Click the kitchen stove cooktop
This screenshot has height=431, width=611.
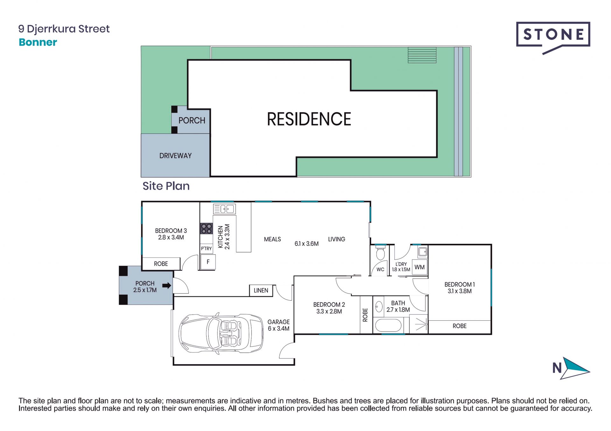(x=206, y=229)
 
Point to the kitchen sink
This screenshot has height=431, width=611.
(x=224, y=209)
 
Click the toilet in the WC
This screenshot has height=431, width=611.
(x=380, y=253)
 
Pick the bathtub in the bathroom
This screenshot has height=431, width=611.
(x=388, y=325)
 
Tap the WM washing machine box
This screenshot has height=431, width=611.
(x=419, y=267)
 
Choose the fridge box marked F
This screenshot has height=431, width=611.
(x=208, y=262)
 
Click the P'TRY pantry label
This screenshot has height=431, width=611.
(x=206, y=249)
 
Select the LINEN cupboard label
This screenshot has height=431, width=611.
(x=261, y=291)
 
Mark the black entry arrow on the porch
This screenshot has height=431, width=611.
(x=167, y=285)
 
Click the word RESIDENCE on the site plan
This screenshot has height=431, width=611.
(x=309, y=119)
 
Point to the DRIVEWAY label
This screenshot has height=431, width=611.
(x=175, y=156)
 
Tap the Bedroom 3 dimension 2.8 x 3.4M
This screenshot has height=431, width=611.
(x=171, y=237)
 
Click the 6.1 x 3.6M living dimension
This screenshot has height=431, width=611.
(x=306, y=244)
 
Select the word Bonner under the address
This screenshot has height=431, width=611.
(x=38, y=42)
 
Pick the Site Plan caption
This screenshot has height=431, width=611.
(x=166, y=186)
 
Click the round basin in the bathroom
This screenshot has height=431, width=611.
(x=379, y=307)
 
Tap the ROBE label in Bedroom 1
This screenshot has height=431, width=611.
(x=460, y=326)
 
